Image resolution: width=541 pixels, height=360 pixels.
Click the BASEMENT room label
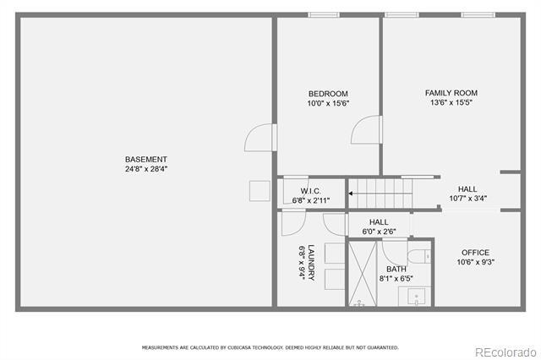(146, 159)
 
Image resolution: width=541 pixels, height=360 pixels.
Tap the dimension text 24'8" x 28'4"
(146, 168)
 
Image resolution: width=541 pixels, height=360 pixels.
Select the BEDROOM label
(328, 94)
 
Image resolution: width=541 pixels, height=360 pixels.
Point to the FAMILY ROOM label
(451, 93)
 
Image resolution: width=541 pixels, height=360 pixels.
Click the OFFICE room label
(474, 253)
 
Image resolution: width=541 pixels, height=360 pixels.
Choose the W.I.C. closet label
(310, 191)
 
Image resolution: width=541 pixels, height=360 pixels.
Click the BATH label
(396, 269)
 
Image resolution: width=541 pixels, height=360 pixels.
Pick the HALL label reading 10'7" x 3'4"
(467, 189)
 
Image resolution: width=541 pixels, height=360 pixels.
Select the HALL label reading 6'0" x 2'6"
(379, 222)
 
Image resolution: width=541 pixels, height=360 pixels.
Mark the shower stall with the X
(363, 274)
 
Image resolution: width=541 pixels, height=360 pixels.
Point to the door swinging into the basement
(261, 138)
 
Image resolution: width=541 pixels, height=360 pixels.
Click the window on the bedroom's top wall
(323, 14)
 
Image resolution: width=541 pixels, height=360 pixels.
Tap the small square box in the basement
(258, 191)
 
